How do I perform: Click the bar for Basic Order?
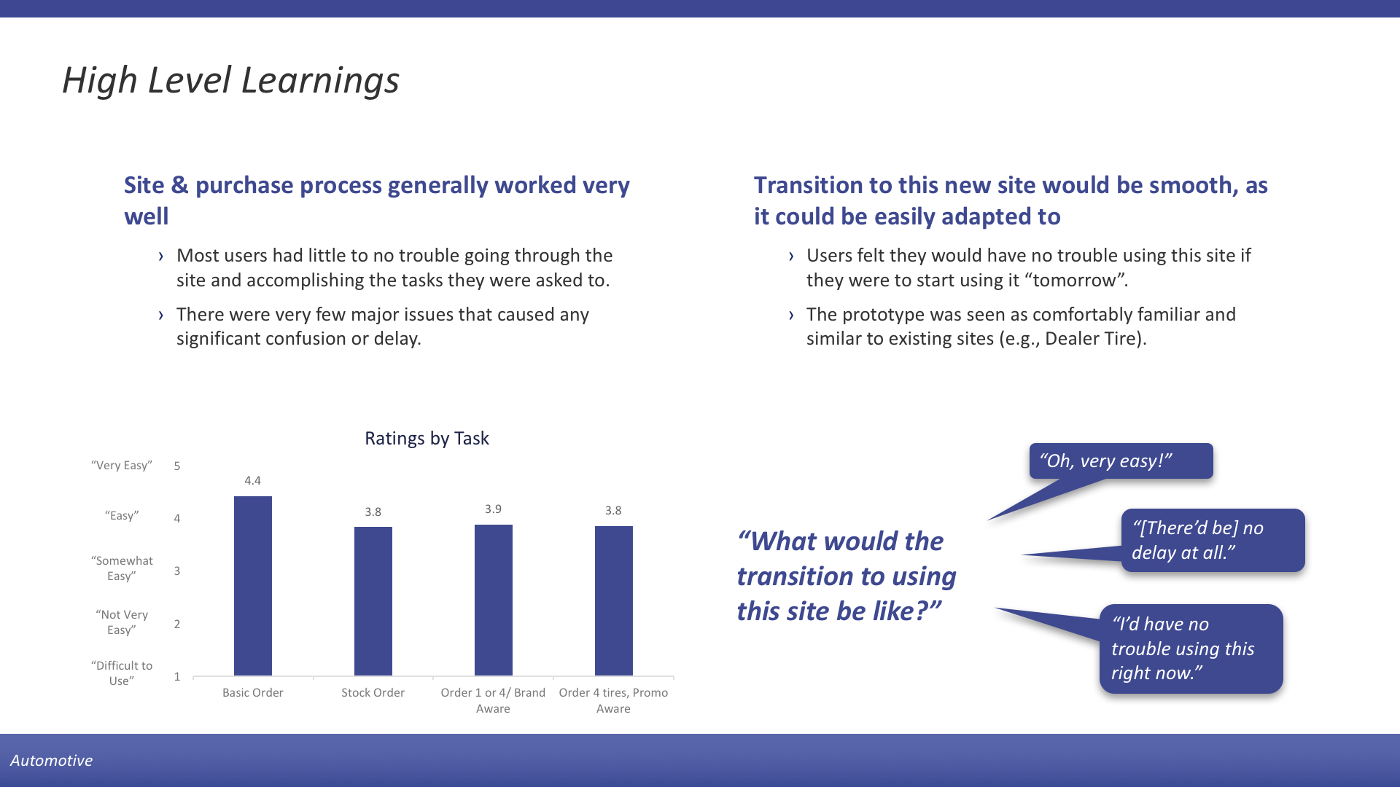click(253, 586)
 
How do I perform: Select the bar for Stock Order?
click(373, 601)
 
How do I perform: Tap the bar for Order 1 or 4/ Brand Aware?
click(494, 600)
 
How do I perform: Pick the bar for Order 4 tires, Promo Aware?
click(614, 600)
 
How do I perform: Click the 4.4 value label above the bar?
click(253, 481)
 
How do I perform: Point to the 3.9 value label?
click(494, 509)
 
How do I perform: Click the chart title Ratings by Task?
click(427, 439)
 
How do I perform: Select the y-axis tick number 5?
click(177, 466)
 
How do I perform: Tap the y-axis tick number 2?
click(177, 624)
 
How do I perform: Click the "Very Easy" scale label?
click(122, 466)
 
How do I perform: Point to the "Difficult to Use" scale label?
click(122, 673)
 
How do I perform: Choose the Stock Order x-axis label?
click(373, 693)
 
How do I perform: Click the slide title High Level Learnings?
click(230, 80)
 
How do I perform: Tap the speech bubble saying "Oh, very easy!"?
click(1121, 461)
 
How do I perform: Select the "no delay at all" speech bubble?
click(1213, 541)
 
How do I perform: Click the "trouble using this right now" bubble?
click(1191, 649)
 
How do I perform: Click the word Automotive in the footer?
click(51, 761)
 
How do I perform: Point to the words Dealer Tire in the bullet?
click(1090, 339)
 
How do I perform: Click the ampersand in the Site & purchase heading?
click(180, 186)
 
